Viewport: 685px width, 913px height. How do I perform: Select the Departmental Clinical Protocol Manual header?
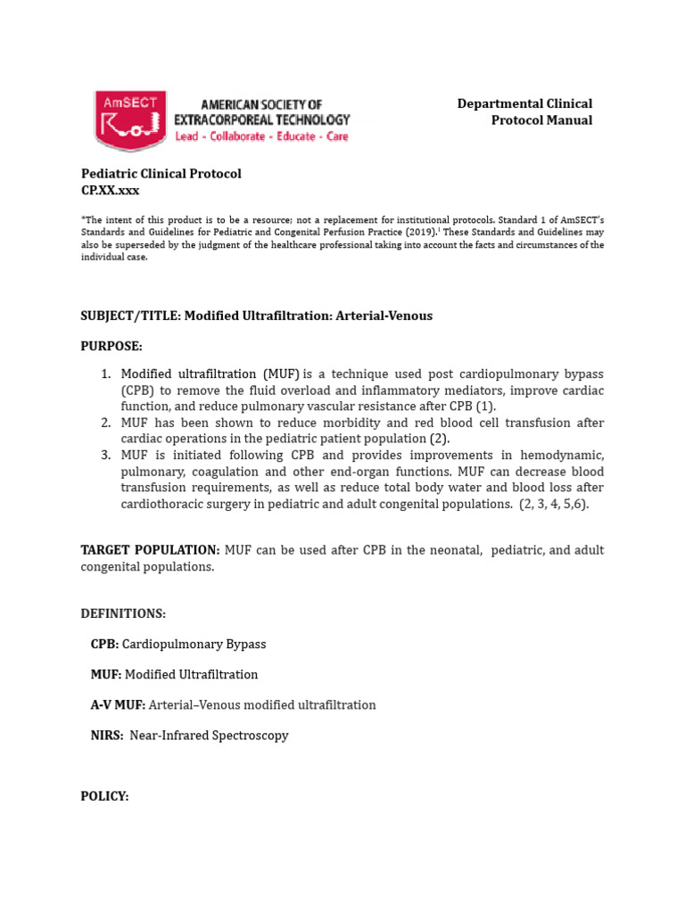point(524,112)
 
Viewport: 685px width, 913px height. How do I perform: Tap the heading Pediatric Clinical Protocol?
point(161,174)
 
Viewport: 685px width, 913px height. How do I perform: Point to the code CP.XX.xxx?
point(111,190)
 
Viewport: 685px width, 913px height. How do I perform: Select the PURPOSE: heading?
point(111,345)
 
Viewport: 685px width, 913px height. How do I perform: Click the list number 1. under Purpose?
point(105,374)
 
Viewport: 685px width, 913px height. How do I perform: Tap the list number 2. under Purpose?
point(105,423)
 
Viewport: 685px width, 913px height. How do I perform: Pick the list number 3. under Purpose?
point(105,455)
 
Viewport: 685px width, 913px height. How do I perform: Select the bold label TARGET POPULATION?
point(150,550)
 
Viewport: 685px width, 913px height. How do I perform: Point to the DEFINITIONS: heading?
point(123,613)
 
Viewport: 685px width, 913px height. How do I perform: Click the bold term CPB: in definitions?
point(104,644)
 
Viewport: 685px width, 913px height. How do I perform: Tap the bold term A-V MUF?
point(118,704)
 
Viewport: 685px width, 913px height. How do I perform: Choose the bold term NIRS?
point(107,736)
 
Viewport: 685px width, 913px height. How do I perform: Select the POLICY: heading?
point(105,796)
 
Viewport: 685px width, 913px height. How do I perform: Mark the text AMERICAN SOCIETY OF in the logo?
point(260,104)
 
